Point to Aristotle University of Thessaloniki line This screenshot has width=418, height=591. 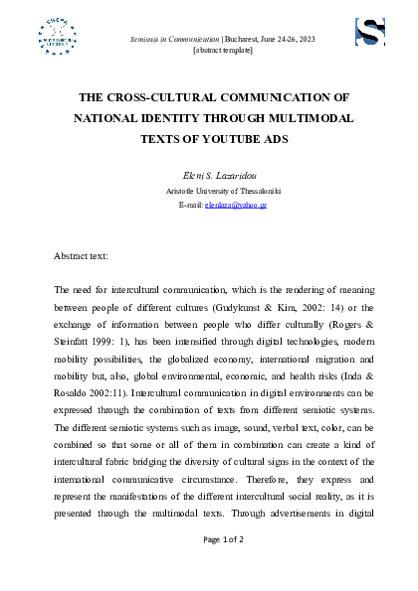click(x=209, y=189)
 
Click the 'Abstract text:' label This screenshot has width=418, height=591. click(x=82, y=255)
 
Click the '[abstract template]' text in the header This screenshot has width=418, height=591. click(x=208, y=50)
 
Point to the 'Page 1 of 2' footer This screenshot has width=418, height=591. click(x=209, y=538)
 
